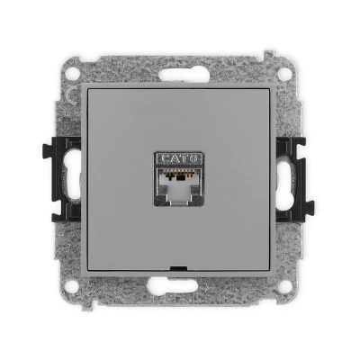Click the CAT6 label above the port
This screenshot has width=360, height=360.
pos(178,158)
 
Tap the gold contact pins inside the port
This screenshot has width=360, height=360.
pos(179,172)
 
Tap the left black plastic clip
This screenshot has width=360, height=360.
pos(62,179)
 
